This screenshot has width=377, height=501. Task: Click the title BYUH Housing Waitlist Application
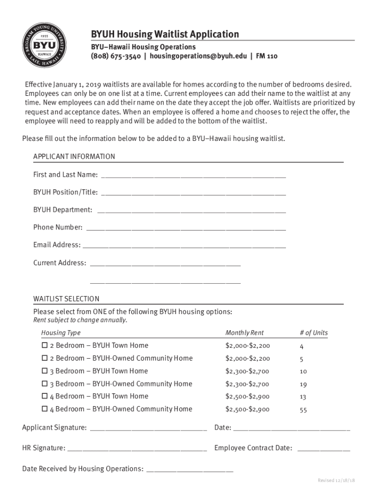[165, 34]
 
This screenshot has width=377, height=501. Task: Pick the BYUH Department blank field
[191, 211]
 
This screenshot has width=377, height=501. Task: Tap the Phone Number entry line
[186, 229]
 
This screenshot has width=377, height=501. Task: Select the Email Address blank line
[185, 247]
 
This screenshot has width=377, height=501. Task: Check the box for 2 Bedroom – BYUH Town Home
[45, 345]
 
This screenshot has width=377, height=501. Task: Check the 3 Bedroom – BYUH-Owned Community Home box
[45, 384]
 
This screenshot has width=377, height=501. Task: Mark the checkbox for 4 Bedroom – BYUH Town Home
[45, 396]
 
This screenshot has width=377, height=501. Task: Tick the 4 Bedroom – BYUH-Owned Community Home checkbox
[45, 409]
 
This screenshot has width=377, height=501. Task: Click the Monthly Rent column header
[244, 333]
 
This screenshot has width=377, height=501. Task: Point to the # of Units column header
[313, 333]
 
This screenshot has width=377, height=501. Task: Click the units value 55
[303, 410]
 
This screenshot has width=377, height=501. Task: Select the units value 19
[303, 385]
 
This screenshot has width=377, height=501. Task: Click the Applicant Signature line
[148, 430]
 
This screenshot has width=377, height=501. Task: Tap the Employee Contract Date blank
[324, 450]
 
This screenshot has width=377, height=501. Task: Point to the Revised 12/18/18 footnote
[336, 480]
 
